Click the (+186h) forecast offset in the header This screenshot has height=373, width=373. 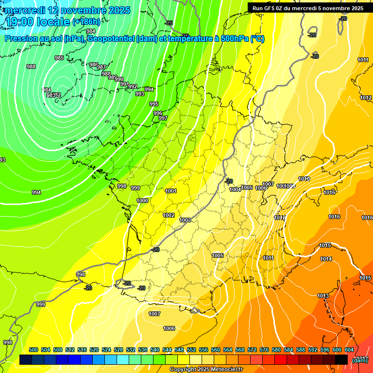86,21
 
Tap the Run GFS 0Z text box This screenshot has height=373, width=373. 308,8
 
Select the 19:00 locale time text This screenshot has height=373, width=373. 37,21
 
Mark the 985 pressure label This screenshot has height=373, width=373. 59,58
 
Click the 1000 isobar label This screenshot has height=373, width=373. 142,201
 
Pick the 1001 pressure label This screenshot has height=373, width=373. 171,191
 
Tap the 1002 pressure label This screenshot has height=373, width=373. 169,215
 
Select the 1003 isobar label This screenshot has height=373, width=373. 185,220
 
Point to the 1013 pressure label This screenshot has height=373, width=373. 323,296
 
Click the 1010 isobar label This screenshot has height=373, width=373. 304,179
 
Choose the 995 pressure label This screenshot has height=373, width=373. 154,104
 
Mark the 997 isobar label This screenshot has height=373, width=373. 163,118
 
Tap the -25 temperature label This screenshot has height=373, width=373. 169,23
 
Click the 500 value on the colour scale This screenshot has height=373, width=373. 34,350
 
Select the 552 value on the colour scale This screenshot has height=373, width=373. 191,350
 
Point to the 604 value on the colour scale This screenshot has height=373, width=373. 349,350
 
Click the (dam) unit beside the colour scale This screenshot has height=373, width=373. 359,360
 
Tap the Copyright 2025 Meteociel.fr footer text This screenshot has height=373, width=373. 206,369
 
